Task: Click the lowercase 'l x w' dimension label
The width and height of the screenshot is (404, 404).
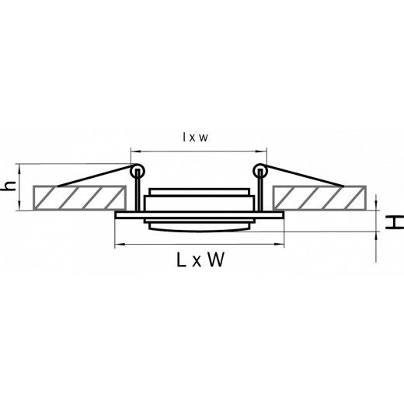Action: pyautogui.click(x=194, y=137)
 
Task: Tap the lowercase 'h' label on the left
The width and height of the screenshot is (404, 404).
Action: pyautogui.click(x=9, y=186)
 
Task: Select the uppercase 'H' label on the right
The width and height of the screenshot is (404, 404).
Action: pyautogui.click(x=394, y=222)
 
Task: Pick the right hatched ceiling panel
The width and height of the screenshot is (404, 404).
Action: pyautogui.click(x=319, y=197)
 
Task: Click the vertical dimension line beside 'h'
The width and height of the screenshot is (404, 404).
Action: pyautogui.click(x=21, y=186)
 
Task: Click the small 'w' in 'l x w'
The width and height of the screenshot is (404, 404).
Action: pyautogui.click(x=204, y=137)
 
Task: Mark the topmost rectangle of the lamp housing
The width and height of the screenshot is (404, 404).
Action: pyautogui.click(x=199, y=191)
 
